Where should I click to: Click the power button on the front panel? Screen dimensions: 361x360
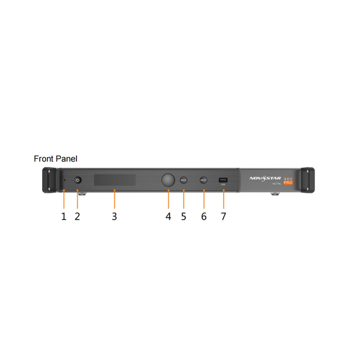(78, 180)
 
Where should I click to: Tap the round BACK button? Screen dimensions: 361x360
(183, 180)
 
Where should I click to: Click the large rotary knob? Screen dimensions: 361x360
(168, 180)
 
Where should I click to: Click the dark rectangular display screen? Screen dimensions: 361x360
(115, 180)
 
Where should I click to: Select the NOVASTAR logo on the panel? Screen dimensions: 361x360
(265, 178)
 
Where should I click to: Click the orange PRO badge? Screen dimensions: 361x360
(287, 182)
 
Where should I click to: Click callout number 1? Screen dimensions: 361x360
(64, 216)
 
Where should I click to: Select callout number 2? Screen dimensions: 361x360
(78, 216)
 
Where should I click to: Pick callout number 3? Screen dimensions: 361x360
(114, 216)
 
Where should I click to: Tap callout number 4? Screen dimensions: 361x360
(168, 216)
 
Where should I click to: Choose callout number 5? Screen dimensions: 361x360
(183, 216)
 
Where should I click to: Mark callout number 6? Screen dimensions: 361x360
(204, 216)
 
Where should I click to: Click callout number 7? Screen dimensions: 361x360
(223, 216)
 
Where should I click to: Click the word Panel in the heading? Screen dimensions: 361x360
(66, 159)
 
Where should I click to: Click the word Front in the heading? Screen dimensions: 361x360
(44, 159)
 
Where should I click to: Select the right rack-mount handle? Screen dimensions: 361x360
(307, 180)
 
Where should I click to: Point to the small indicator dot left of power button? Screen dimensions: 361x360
(65, 180)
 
